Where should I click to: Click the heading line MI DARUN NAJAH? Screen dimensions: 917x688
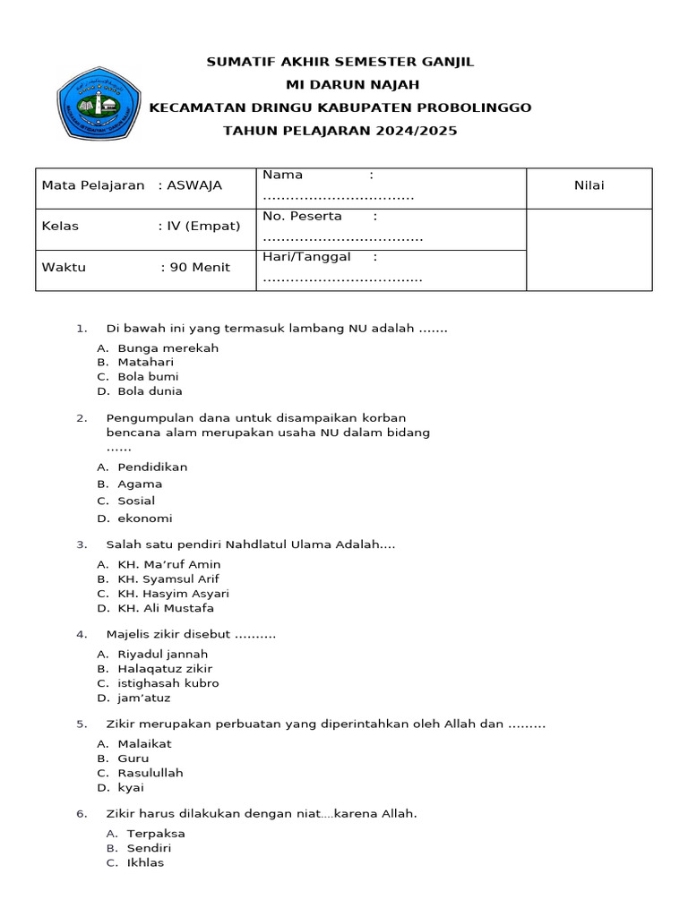pos(340,84)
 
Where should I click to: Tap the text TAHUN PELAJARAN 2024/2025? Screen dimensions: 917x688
pos(340,131)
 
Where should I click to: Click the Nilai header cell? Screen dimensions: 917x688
pos(589,185)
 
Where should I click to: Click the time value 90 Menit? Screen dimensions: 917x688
pos(200,267)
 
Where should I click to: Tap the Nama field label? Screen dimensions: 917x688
pos(283,175)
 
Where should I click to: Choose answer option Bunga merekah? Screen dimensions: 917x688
pos(168,347)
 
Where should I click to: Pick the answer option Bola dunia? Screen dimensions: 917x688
pos(150,390)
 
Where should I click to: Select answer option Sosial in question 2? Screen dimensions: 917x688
pos(136,501)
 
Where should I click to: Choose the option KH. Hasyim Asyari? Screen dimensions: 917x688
pos(173,593)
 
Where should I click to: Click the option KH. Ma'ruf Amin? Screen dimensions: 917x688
pos(168,564)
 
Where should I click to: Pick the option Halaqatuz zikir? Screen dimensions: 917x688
pos(165,668)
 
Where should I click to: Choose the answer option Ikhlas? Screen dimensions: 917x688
pos(145,862)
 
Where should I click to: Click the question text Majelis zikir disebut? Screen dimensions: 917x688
pos(190,635)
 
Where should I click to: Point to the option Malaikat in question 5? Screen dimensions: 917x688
pos(144,743)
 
